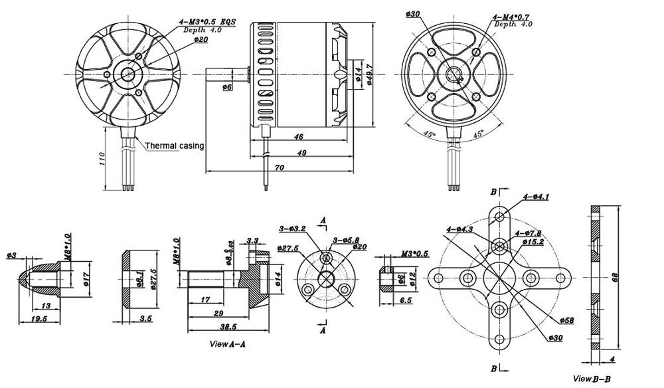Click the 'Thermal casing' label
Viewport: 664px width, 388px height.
click(174, 145)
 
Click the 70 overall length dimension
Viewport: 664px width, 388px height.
click(280, 168)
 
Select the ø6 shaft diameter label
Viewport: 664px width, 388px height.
click(227, 87)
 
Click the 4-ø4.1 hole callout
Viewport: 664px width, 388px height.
click(535, 197)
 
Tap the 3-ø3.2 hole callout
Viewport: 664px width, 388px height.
click(292, 229)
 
